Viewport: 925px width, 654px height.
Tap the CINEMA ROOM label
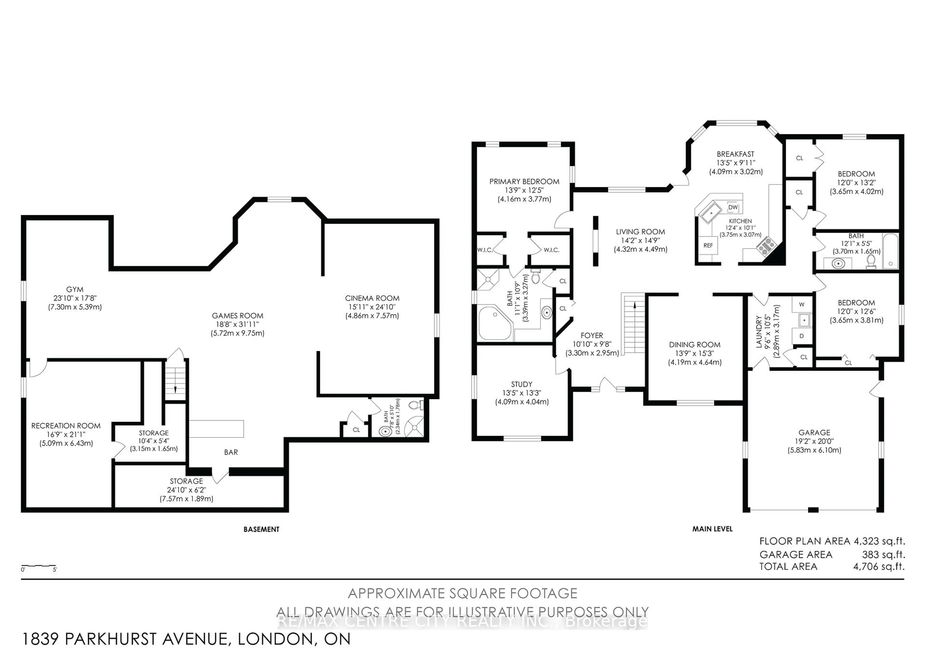tap(372, 298)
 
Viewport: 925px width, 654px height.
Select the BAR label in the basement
tap(231, 452)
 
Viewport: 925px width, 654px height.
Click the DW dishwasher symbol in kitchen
tap(733, 207)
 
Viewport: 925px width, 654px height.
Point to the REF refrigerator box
tap(708, 245)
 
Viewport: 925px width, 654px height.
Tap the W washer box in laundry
tap(801, 305)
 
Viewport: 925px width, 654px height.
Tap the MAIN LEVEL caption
tap(712, 529)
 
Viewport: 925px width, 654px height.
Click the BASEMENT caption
tap(261, 529)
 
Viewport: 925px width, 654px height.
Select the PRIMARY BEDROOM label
tap(524, 181)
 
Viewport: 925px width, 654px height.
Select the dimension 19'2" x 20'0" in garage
tap(814, 441)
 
